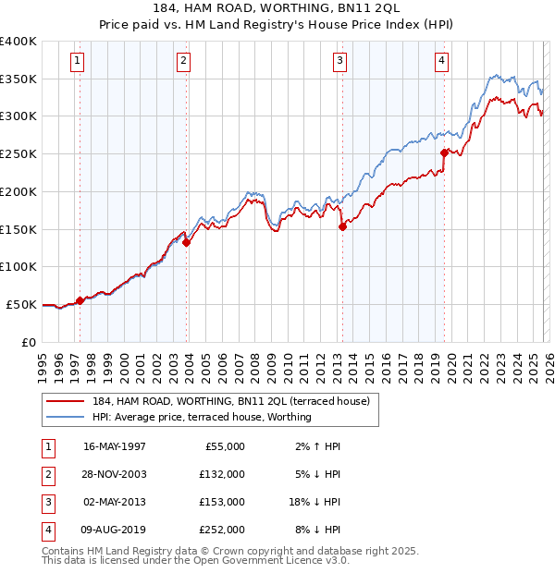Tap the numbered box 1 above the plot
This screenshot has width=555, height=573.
pos(77,61)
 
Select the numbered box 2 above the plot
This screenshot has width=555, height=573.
pos(184,61)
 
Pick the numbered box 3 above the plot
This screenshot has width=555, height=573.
pos(339,61)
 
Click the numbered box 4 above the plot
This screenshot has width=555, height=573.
pos(442,61)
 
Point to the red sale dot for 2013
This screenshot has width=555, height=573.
pos(342,226)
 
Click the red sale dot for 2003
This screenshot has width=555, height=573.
pos(187,243)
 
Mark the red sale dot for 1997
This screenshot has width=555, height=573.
pos(80,300)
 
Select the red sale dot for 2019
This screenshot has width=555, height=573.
pos(444,152)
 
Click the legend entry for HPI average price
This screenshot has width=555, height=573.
pos(202,417)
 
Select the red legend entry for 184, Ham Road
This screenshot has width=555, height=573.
pos(231,401)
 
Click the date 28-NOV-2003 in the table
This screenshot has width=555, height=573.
pos(115,474)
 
